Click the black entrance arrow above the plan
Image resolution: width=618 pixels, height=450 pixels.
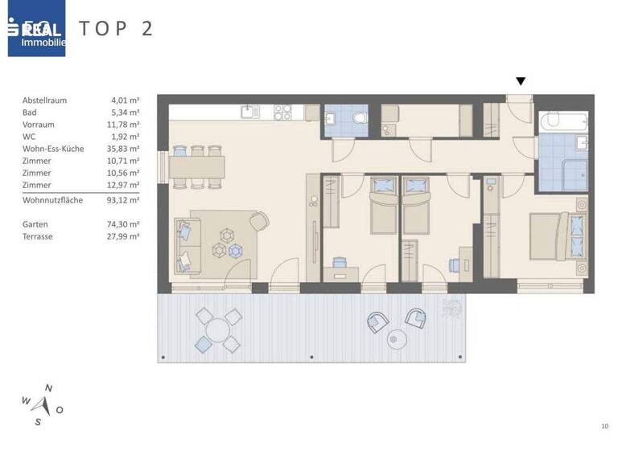pos(521,81)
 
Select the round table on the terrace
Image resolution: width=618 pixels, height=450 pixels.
pos(217,329)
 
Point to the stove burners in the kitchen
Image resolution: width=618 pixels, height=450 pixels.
pos(282,112)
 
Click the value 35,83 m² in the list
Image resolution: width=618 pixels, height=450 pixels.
pos(126,149)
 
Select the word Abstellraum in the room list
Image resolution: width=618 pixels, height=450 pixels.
pos(45,100)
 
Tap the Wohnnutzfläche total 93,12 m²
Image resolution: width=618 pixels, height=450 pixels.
pos(126,200)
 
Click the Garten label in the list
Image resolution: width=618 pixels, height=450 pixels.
pos(35,224)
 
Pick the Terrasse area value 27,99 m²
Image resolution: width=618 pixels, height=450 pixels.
pos(126,237)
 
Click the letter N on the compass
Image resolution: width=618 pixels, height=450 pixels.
pos(48,389)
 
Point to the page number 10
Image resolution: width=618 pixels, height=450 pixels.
pos(604,426)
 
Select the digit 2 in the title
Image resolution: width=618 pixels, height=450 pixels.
pos(146,29)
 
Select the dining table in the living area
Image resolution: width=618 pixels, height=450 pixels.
pos(195,167)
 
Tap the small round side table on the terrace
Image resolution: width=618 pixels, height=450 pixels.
pos(396,340)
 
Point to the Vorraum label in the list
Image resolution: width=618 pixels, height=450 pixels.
pos(39,125)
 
